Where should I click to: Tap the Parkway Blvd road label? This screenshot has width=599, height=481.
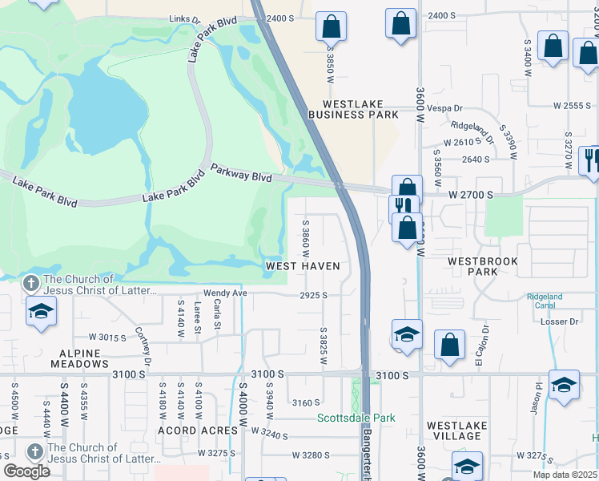pyautogui.click(x=241, y=172)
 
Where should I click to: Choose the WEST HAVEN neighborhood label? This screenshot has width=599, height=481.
pyautogui.click(x=304, y=266)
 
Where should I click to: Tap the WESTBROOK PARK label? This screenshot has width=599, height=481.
pyautogui.click(x=483, y=266)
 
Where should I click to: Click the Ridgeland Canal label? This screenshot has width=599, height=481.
pyautogui.click(x=545, y=301)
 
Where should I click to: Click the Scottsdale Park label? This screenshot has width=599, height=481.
pyautogui.click(x=356, y=418)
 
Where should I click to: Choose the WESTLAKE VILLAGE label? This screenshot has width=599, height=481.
pyautogui.click(x=455, y=431)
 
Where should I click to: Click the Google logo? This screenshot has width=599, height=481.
pyautogui.click(x=26, y=471)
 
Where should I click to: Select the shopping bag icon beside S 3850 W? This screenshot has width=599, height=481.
pyautogui.click(x=331, y=26)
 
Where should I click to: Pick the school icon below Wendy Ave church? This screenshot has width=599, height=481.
pyautogui.click(x=41, y=312)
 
